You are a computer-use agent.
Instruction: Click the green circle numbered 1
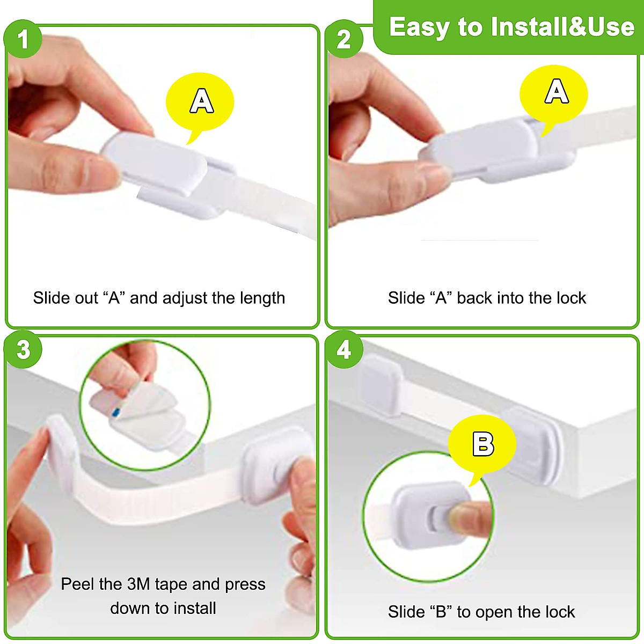point(23,39)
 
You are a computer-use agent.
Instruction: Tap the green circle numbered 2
point(343,39)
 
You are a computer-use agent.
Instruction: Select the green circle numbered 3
point(23,350)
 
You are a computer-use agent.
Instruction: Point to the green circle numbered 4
point(343,350)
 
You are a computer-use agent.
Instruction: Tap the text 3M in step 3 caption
point(138,584)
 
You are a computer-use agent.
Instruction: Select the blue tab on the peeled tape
point(116,412)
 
